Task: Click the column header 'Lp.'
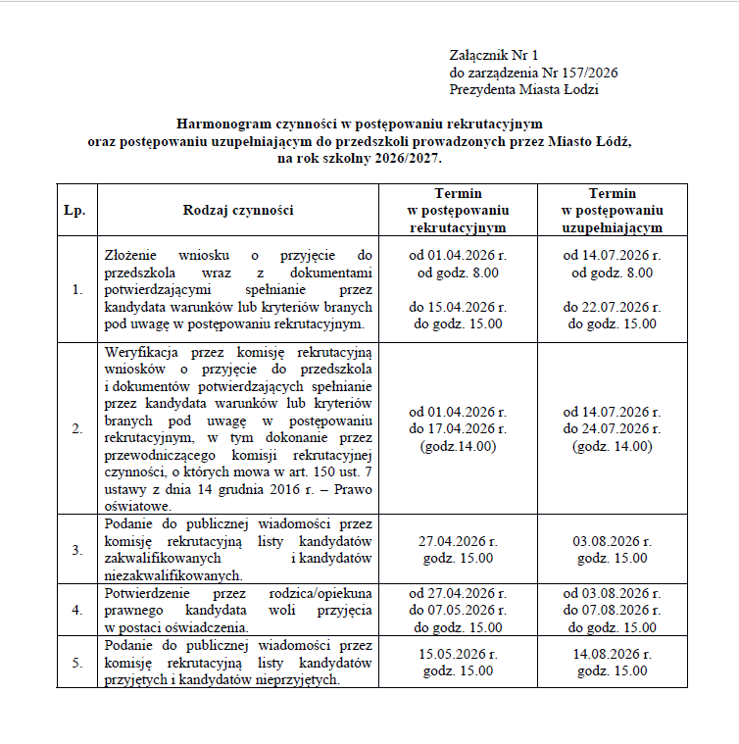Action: click(x=74, y=210)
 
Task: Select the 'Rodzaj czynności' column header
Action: click(x=238, y=210)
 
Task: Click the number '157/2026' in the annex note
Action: click(x=586, y=73)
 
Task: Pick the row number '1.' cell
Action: click(x=76, y=290)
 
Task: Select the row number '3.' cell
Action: click(x=76, y=549)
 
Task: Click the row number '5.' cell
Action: click(x=76, y=664)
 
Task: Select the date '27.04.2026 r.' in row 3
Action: click(x=458, y=541)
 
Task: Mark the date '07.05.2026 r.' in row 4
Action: click(x=466, y=611)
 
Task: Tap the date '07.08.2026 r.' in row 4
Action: click(x=620, y=611)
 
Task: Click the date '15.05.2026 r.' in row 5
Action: click(x=458, y=654)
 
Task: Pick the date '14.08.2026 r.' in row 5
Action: click(x=613, y=654)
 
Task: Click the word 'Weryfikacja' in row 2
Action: click(x=137, y=352)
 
